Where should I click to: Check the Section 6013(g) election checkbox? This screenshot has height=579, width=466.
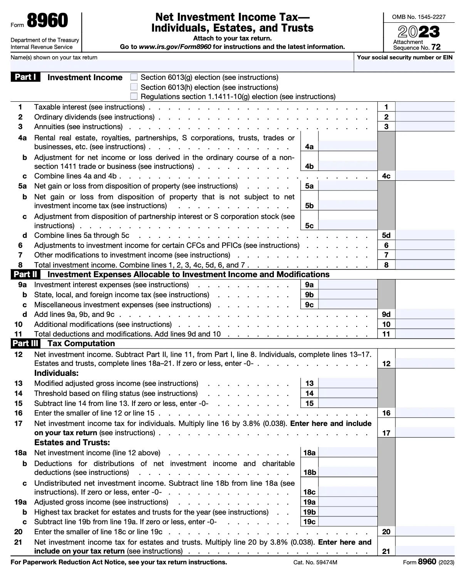[134, 77]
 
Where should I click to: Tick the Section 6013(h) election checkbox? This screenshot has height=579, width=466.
[134, 87]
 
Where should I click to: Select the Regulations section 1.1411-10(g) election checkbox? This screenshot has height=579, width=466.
[134, 96]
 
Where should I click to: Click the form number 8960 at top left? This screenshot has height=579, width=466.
[47, 21]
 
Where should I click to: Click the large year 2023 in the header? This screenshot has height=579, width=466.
[419, 32]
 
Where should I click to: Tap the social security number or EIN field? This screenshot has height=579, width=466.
[404, 66]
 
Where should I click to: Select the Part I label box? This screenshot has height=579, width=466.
[25, 77]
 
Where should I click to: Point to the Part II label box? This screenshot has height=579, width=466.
[25, 274]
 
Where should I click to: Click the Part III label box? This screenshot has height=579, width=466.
[25, 343]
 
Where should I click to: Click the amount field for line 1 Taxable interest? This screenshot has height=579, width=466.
[425, 107]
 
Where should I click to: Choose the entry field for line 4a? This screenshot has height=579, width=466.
[347, 146]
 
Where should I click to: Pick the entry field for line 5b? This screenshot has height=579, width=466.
[347, 205]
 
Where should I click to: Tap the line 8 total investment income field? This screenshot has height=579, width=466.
[425, 265]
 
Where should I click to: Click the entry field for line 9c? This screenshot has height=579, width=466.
[347, 305]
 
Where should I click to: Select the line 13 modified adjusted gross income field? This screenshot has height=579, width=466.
[347, 383]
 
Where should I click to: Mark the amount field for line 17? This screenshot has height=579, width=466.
[425, 433]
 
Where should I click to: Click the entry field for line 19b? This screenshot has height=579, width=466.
[347, 512]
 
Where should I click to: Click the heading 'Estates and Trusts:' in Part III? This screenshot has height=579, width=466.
[72, 443]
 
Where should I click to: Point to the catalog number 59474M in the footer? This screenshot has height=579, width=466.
[315, 562]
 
